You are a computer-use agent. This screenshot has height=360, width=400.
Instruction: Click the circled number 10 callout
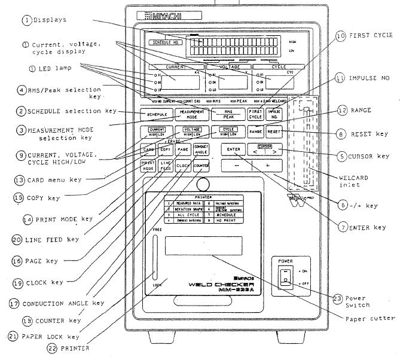click(x=341, y=36)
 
